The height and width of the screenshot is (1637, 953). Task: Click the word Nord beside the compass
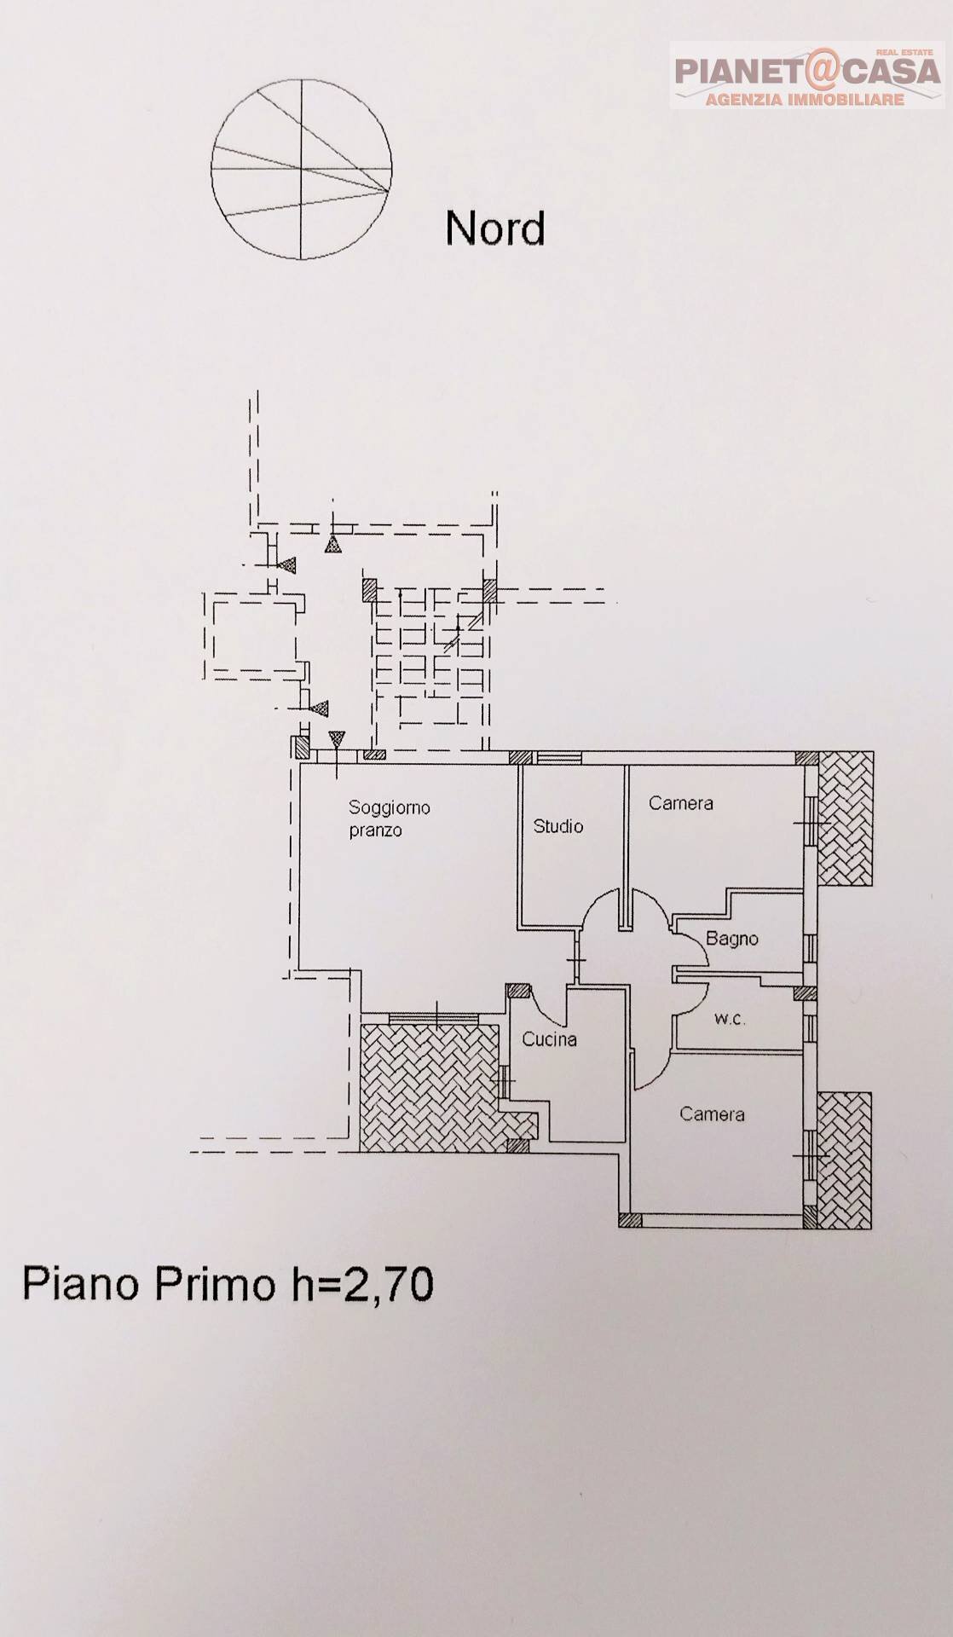[x=494, y=228]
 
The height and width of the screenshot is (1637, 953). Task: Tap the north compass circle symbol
[x=302, y=169]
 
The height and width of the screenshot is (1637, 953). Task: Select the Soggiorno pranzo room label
[x=389, y=818]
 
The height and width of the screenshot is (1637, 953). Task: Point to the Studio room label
[x=558, y=826]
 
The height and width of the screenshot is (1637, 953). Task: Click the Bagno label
[x=731, y=939]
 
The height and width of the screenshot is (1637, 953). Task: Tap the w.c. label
[x=730, y=1018]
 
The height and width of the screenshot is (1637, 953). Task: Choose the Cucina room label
[x=549, y=1039]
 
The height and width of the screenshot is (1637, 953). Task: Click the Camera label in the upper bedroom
[x=680, y=803]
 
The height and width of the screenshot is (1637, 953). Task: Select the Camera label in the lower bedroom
[x=712, y=1114]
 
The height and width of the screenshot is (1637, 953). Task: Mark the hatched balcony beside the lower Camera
[x=844, y=1160]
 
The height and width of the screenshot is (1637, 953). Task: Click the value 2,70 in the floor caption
[x=387, y=1284]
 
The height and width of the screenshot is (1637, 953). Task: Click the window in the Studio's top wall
[x=559, y=757]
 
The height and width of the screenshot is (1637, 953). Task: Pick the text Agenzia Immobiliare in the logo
[x=805, y=100]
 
